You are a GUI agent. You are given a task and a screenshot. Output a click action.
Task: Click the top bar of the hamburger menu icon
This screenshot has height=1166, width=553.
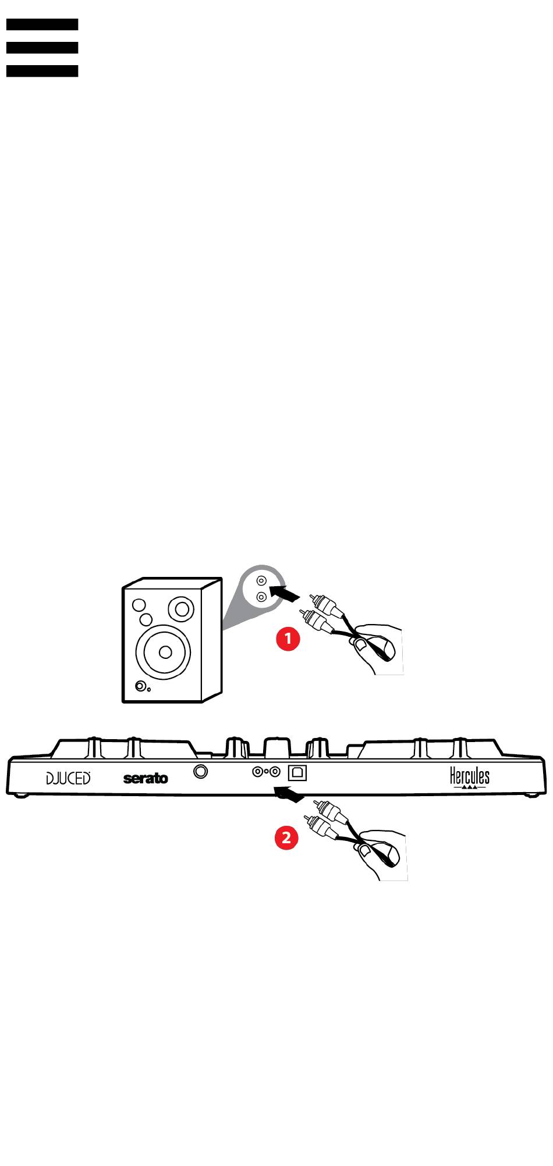coord(42,24)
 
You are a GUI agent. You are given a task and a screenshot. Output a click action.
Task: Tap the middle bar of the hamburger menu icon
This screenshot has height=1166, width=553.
coord(42,48)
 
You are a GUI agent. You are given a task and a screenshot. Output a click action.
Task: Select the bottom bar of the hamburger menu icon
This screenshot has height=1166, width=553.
coord(42,71)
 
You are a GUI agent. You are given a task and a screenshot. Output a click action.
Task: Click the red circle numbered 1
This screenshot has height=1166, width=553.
coord(288,639)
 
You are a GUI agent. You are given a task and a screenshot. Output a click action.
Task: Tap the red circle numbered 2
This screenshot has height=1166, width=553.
coord(286,838)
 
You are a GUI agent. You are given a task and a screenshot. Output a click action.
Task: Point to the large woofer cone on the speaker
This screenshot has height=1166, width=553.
coord(164,651)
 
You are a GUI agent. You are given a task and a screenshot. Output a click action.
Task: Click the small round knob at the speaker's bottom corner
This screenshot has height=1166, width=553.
coord(140,686)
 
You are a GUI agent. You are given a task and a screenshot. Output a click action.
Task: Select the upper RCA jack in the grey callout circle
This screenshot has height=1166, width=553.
coord(262,581)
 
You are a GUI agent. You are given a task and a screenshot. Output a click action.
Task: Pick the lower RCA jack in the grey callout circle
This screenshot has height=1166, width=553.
coord(262,597)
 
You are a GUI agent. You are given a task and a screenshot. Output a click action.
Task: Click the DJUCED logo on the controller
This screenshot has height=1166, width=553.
coord(69,778)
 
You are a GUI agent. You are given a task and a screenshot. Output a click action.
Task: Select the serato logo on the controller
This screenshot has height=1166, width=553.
coord(146,778)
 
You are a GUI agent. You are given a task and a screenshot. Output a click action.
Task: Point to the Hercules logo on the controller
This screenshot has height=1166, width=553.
coord(470,776)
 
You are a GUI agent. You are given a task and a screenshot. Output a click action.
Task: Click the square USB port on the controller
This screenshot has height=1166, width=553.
coord(297,772)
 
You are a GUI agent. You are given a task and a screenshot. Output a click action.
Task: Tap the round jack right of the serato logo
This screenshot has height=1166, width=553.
coord(201,772)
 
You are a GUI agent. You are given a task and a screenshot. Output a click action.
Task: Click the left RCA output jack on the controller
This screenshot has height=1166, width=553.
coord(257,772)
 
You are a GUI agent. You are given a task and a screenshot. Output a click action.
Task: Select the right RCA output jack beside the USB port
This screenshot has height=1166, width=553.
coord(275,772)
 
